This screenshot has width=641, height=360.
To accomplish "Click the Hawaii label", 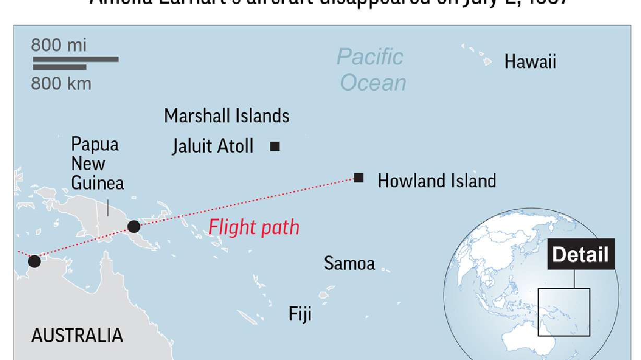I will click(x=530, y=62).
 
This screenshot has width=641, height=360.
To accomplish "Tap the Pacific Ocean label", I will click(x=371, y=70).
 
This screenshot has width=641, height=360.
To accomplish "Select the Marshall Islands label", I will click(x=227, y=115).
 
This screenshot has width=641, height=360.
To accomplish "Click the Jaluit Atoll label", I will click(x=212, y=146).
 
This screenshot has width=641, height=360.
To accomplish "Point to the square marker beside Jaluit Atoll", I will click(x=275, y=147).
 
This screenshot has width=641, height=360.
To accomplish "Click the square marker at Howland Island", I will click(x=359, y=177).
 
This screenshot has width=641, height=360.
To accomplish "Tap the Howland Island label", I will click(x=436, y=181).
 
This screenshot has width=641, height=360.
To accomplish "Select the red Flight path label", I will click(x=254, y=227).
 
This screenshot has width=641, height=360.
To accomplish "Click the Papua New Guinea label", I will click(x=97, y=163).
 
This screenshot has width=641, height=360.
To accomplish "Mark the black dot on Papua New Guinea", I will click(x=134, y=226).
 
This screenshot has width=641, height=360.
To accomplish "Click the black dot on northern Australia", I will click(x=34, y=261).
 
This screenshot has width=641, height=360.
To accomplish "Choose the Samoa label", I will click(x=349, y=263).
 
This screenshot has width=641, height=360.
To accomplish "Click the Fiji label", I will click(x=300, y=314).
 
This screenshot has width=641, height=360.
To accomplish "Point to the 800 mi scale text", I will click(x=58, y=45).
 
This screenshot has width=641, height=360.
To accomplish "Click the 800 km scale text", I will click(x=61, y=83).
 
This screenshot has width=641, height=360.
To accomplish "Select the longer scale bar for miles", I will click(x=76, y=59).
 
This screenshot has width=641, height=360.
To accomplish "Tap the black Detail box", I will click(x=580, y=255).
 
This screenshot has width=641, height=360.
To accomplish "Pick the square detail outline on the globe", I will click(x=564, y=313).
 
